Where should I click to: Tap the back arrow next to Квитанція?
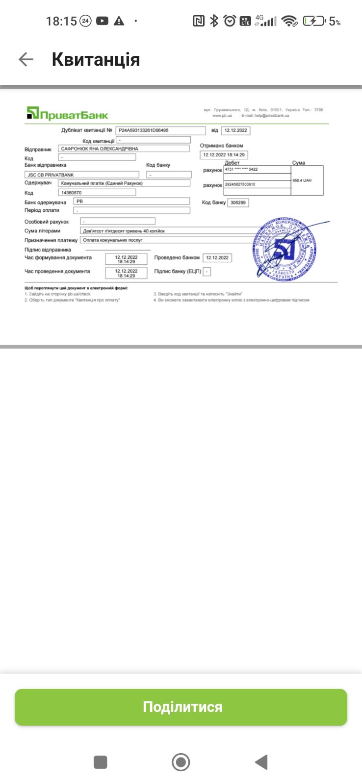coord(26,60)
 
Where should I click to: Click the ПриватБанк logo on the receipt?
coord(67,114)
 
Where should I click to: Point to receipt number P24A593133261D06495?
coord(160,130)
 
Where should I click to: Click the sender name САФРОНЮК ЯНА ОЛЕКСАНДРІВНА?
coord(123,149)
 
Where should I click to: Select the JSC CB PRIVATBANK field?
coord(81,175)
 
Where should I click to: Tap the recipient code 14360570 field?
coord(97,193)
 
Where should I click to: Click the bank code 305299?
coord(238,202)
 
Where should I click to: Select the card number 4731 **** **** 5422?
coord(257,170)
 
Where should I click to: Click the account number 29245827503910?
coord(257,184)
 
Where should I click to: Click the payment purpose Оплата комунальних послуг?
coord(167,240)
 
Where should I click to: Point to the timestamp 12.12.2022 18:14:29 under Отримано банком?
coord(224,155)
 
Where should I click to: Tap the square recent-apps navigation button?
coord(101,762)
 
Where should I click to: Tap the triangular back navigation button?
coord(261,762)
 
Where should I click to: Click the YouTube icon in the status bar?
coord(102,21)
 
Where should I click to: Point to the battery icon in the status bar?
coord(314,21)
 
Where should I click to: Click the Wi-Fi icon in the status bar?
coord(289,21)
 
